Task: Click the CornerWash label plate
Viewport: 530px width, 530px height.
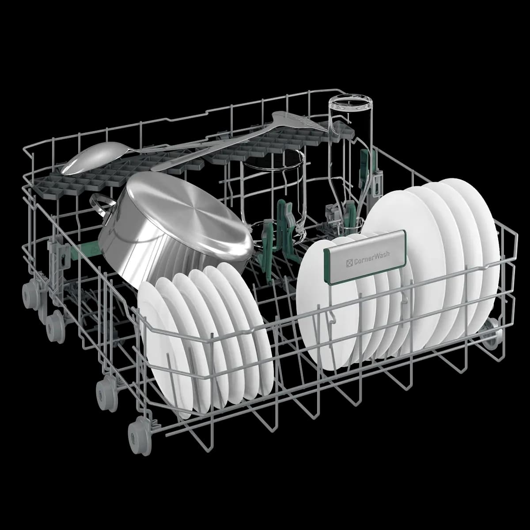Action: pyautogui.click(x=365, y=257)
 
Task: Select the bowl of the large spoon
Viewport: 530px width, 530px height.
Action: pyautogui.click(x=91, y=158)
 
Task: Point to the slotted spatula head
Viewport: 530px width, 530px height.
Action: pyautogui.click(x=297, y=121)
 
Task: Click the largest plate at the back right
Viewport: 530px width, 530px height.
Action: pyautogui.click(x=468, y=247)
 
